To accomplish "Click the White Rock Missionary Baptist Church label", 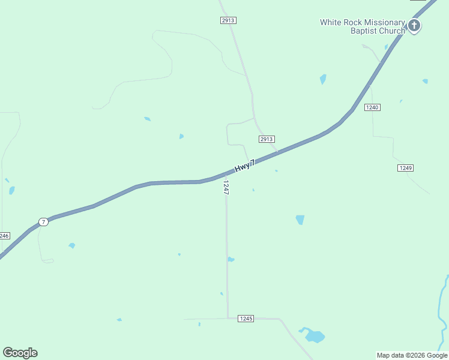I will click(x=362, y=26).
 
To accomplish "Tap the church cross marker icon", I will click(x=414, y=25).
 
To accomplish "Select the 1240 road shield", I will click(x=372, y=107).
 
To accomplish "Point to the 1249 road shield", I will click(x=405, y=168).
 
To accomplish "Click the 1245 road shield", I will click(x=246, y=318).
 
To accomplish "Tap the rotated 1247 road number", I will click(x=226, y=188).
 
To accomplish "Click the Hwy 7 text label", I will click(x=245, y=166).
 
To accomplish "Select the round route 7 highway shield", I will click(x=43, y=222).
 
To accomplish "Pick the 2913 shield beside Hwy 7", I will click(x=267, y=139).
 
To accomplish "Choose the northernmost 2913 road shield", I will click(x=228, y=20).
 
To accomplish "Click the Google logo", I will click(x=20, y=353).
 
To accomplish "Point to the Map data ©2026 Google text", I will click(x=412, y=355).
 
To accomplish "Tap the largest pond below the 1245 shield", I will click(x=314, y=336).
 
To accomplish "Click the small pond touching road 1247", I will click(x=231, y=259).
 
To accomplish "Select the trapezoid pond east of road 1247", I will click(x=300, y=220).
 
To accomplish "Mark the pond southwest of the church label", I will click(x=323, y=79).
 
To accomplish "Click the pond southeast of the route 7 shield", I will click(x=72, y=245).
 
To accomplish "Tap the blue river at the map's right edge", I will click(x=444, y=312).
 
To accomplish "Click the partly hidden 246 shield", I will click(x=4, y=236).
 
